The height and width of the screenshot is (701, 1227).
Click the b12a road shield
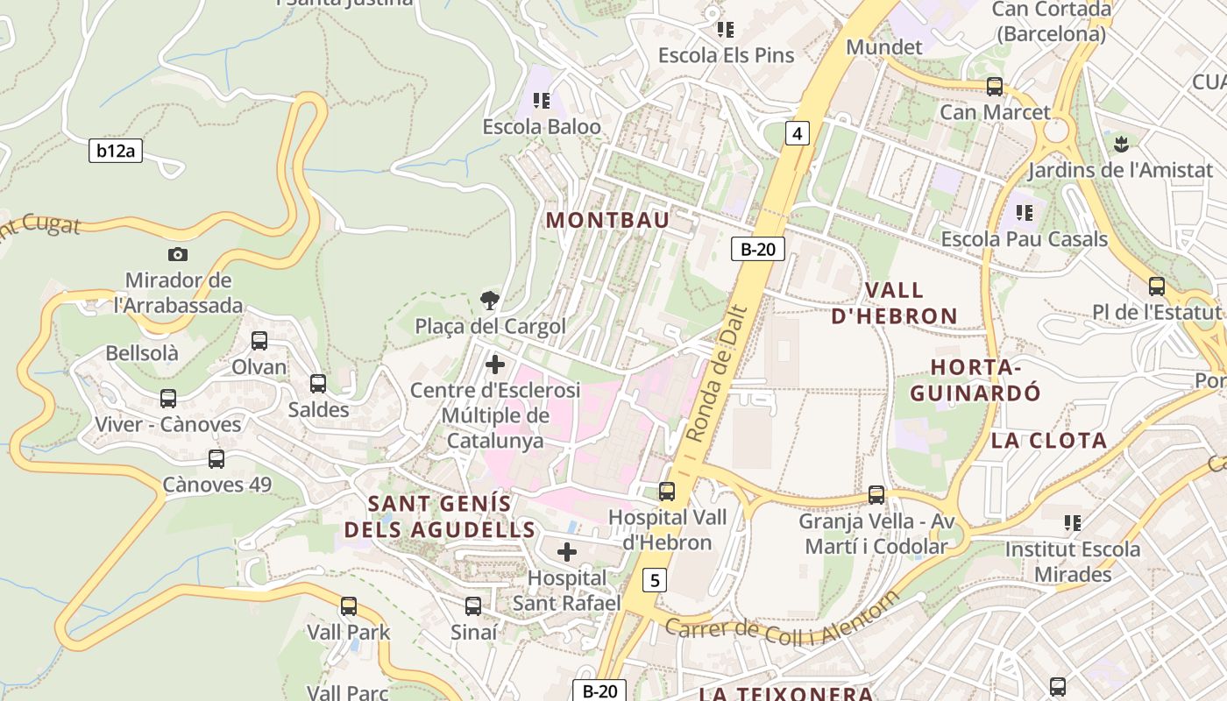[x=116, y=151]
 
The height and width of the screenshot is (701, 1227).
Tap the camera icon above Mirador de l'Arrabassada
[x=178, y=254]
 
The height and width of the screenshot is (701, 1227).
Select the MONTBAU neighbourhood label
[x=607, y=220]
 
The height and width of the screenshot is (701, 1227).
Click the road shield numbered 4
[x=796, y=133]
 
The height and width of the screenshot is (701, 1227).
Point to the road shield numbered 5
[x=654, y=579]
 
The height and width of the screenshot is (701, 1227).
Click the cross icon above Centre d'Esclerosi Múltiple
[x=495, y=365]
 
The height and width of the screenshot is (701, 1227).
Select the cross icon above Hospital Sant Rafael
[x=567, y=552]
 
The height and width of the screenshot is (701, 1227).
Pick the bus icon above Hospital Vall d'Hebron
[x=667, y=492]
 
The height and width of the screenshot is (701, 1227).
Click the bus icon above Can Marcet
[x=995, y=87]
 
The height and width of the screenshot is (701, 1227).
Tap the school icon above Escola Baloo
[x=542, y=101]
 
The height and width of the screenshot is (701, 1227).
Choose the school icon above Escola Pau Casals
[x=1025, y=212]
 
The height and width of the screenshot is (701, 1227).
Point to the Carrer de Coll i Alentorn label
[x=782, y=621]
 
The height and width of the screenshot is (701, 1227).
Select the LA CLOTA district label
[x=1049, y=441]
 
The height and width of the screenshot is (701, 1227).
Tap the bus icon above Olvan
[x=259, y=341]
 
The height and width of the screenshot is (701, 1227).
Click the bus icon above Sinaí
[x=473, y=606]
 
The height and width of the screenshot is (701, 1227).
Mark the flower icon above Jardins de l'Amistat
[x=1119, y=143]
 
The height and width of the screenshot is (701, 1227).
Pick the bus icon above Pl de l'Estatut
[x=1157, y=287]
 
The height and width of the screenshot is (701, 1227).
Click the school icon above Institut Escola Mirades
[x=1072, y=523]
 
